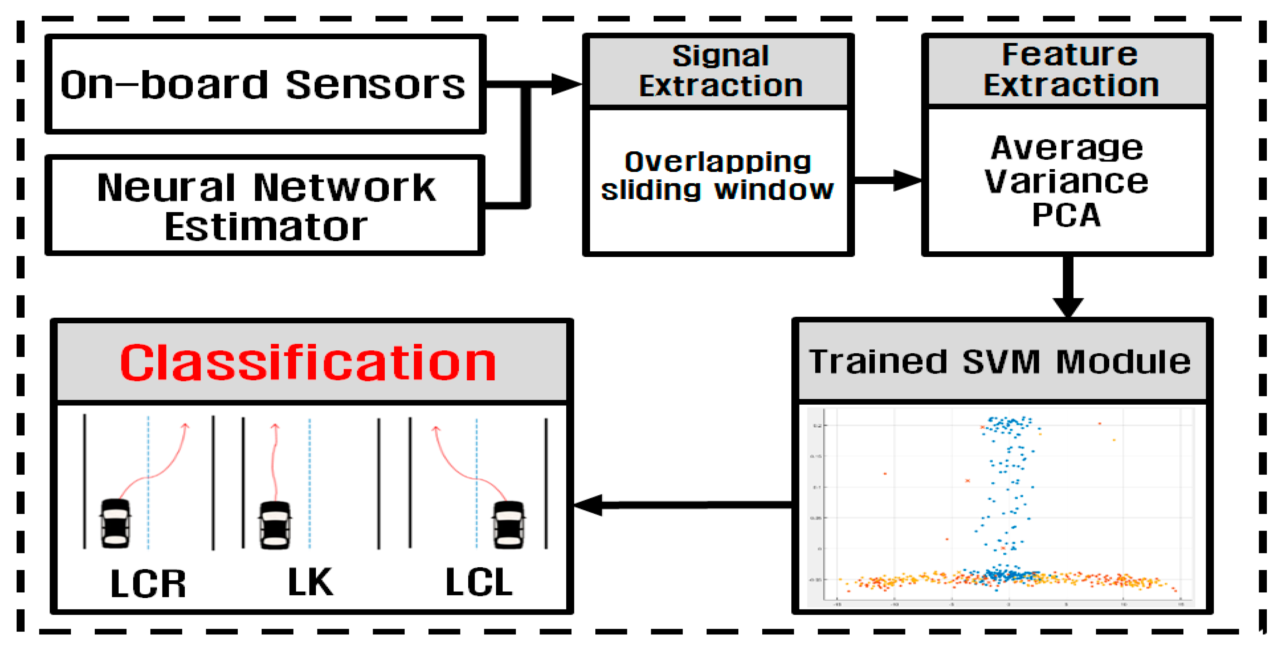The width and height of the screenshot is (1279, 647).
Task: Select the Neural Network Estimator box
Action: [266, 206]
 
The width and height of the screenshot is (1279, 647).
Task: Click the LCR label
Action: [148, 583]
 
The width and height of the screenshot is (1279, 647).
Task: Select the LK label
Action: [310, 582]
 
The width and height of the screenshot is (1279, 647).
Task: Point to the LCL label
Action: [479, 582]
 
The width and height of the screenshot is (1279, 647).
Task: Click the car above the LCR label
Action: [116, 524]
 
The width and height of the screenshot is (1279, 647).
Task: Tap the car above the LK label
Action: [275, 525]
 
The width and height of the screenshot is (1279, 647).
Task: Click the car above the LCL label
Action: [508, 524]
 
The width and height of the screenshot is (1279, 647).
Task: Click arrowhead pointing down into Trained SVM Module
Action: [1068, 306]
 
